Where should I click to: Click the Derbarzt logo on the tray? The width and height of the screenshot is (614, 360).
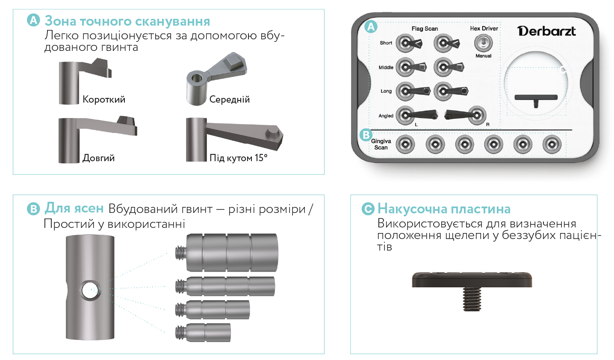click(546, 31)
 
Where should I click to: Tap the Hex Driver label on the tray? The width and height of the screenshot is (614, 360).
click(484, 29)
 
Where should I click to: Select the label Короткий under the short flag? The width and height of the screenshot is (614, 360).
click(104, 99)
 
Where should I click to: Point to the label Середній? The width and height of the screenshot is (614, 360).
click(230, 99)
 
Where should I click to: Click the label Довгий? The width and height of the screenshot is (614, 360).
click(99, 158)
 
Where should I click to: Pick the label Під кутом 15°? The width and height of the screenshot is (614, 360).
click(238, 158)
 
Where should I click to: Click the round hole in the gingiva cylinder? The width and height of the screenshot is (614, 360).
click(90, 290)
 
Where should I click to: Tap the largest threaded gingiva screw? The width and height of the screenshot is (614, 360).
click(227, 253)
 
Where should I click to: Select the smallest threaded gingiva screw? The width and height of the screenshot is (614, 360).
click(203, 333)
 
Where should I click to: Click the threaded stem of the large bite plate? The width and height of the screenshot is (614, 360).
click(472, 299)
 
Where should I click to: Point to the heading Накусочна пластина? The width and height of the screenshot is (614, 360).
click(444, 209)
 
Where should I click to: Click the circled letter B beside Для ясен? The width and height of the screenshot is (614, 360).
click(33, 209)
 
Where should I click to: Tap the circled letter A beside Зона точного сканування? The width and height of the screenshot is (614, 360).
click(33, 20)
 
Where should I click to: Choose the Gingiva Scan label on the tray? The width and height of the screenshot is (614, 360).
click(381, 144)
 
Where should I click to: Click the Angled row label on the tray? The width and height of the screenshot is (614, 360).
click(386, 116)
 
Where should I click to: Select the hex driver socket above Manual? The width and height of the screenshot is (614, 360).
click(483, 43)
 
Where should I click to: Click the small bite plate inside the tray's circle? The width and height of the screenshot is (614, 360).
click(536, 100)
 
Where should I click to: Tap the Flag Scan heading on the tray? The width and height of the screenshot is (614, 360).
click(425, 29)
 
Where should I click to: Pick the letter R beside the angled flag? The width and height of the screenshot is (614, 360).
click(487, 124)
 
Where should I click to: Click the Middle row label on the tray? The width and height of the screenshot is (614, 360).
click(386, 68)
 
